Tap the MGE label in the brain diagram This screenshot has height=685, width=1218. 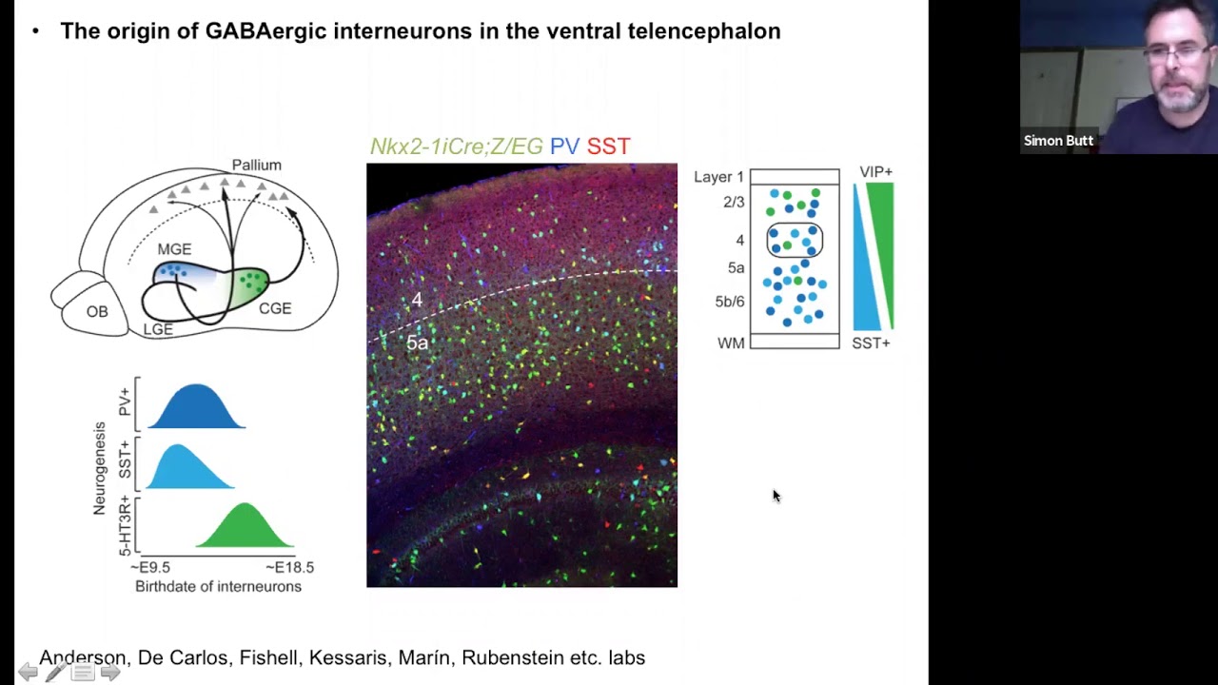[x=174, y=249]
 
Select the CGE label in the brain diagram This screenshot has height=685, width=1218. [x=275, y=308]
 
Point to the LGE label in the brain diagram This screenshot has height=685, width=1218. [x=158, y=329]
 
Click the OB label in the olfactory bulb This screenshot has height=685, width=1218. [x=97, y=312]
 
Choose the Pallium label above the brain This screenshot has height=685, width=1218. [x=257, y=166]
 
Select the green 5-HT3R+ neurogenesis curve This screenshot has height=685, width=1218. [x=246, y=528]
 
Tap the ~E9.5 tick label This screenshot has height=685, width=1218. [x=150, y=567]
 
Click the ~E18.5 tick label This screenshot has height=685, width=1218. [x=289, y=567]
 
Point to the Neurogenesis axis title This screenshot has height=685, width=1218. [x=99, y=468]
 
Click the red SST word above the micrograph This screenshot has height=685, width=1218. [x=608, y=147]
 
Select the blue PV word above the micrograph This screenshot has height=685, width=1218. [x=564, y=147]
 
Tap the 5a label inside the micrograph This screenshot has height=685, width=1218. [x=417, y=343]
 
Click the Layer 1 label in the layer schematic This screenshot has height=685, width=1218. [x=718, y=177]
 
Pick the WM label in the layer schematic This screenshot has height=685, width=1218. [x=731, y=343]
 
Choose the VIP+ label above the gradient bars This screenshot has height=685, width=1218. [x=875, y=172]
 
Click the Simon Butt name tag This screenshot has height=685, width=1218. [x=1058, y=141]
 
